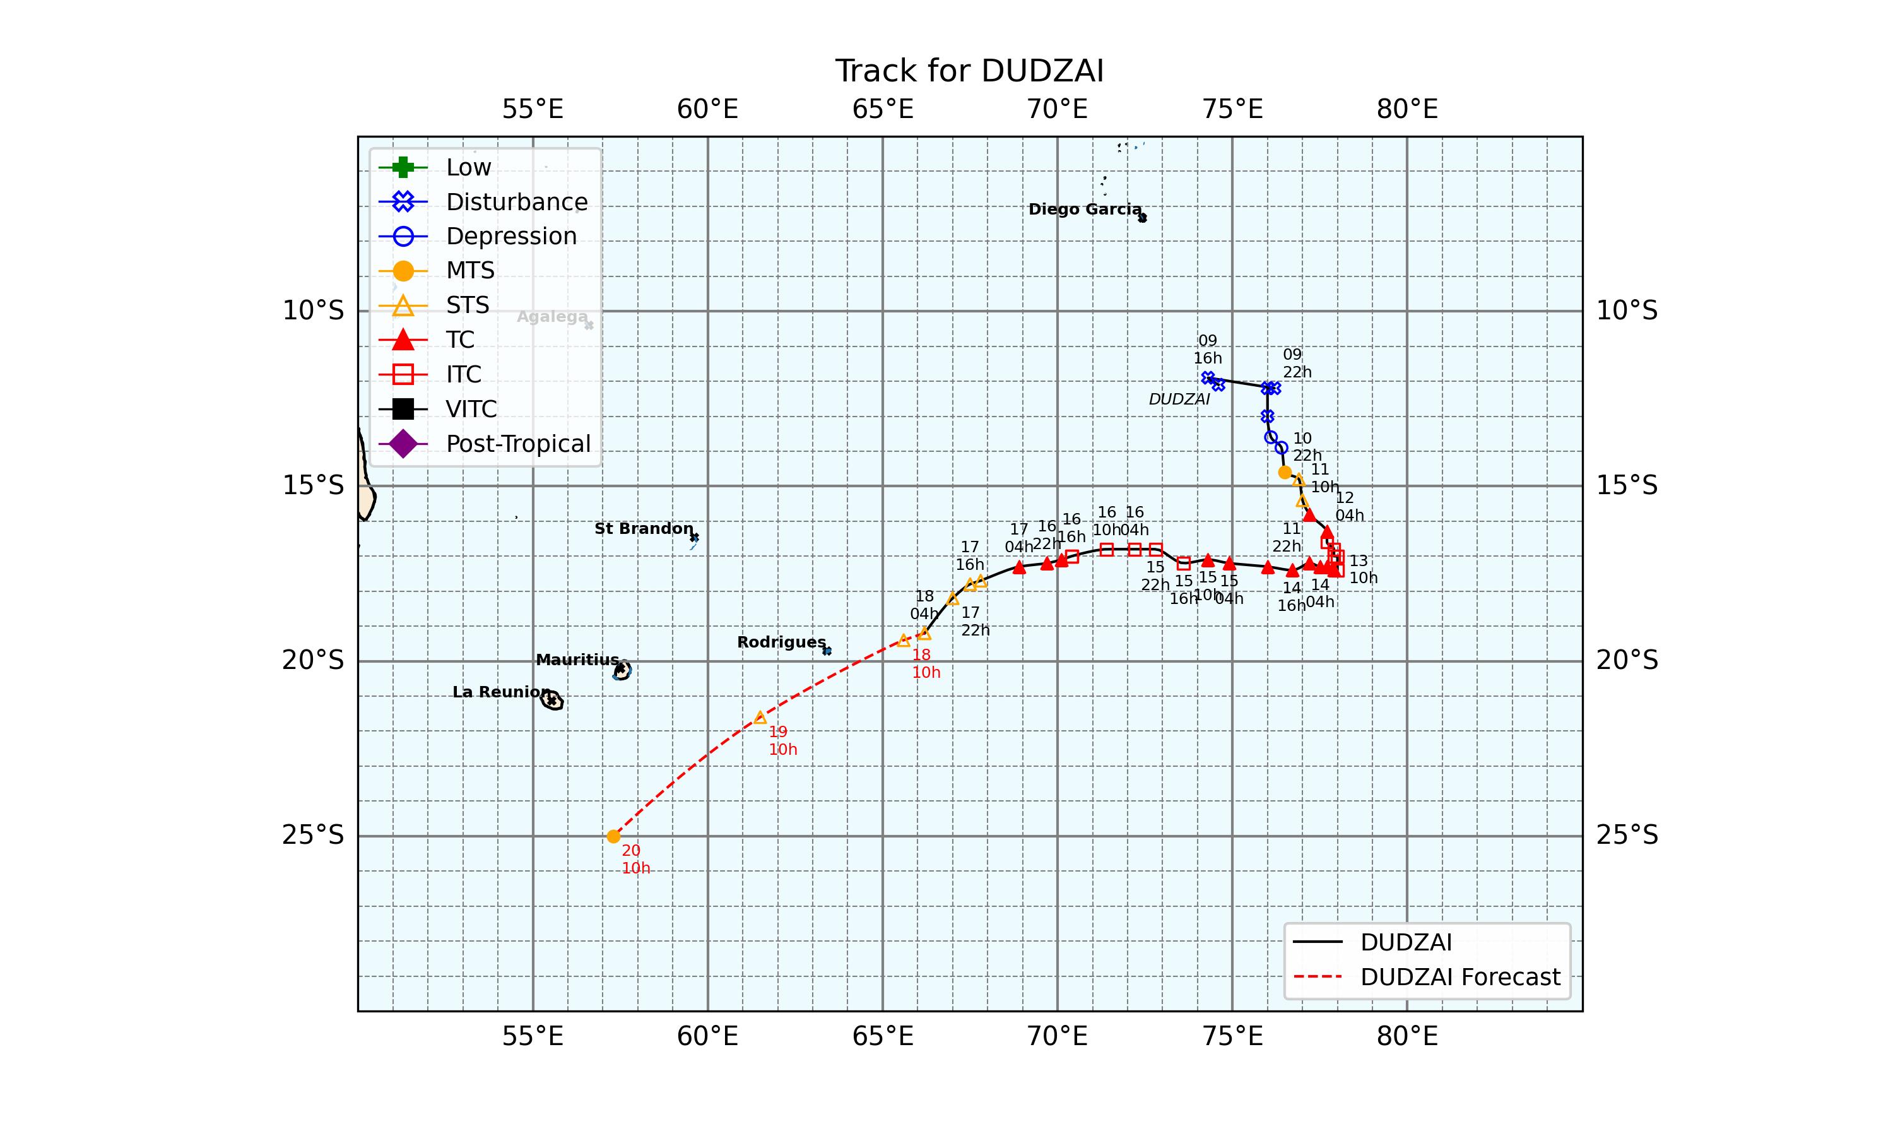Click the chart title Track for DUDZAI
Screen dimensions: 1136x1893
coord(969,71)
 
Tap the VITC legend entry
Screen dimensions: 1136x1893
coord(471,409)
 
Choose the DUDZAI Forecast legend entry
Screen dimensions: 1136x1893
coord(1459,977)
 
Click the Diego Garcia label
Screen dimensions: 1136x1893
coord(1084,209)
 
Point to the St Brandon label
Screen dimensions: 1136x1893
coord(644,528)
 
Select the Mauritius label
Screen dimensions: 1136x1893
coord(577,660)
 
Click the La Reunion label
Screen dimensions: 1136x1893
coord(501,692)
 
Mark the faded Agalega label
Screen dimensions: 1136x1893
coord(551,317)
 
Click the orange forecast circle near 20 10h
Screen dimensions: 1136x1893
coord(613,836)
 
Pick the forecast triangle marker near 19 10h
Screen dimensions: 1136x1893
coord(760,718)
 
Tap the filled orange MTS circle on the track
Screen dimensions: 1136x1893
coord(1285,472)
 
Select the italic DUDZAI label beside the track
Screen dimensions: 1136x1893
coord(1179,399)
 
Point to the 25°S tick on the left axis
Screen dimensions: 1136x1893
coord(313,835)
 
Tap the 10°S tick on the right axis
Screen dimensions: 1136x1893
coord(1627,311)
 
